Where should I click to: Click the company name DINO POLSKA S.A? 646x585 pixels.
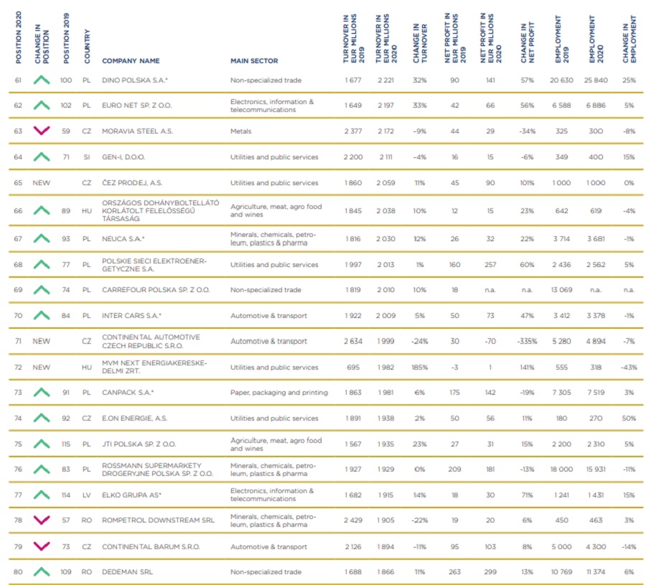pos(134,80)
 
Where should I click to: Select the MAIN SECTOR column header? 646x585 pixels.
pos(253,61)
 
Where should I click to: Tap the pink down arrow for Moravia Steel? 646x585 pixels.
pos(42,131)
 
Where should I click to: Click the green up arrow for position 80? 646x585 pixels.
pos(42,571)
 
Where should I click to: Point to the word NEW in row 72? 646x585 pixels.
pos(42,367)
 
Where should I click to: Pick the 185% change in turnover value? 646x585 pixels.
pos(419,367)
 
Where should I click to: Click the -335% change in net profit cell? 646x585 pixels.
pos(527,342)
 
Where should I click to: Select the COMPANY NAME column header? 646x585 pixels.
pos(131,61)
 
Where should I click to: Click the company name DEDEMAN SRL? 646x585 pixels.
pos(127,572)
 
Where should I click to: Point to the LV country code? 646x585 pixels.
pos(86,495)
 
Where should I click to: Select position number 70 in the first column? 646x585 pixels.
pos(18,316)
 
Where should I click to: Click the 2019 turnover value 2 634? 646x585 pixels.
pos(352,342)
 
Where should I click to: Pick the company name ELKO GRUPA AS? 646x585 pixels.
pos(131,495)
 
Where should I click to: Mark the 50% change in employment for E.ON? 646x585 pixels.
pos(629,418)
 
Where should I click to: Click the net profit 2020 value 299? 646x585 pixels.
pos(490,572)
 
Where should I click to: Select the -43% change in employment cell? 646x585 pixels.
pos(629,367)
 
